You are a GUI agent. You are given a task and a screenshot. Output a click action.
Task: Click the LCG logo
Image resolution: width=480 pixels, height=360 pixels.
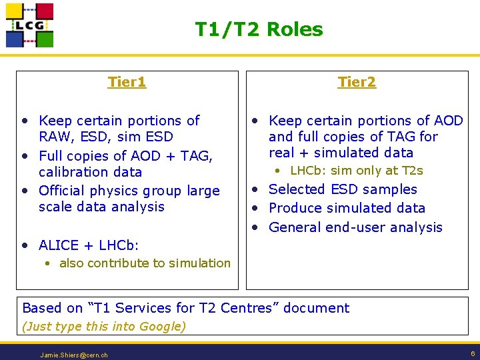tap(29, 25)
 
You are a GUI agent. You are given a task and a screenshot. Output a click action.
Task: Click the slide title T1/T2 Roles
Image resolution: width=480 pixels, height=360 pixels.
tap(259, 29)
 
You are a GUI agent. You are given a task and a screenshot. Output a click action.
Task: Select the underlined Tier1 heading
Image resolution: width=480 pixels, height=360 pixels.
tap(127, 82)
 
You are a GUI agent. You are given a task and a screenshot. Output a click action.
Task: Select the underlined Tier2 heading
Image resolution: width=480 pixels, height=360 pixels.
tap(357, 82)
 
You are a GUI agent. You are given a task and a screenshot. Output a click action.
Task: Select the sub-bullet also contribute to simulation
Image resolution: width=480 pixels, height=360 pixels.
tap(145, 263)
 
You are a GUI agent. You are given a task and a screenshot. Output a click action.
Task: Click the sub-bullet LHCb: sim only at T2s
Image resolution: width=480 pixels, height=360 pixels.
tap(357, 171)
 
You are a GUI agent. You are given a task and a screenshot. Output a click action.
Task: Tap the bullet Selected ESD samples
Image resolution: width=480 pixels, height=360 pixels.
tap(343, 189)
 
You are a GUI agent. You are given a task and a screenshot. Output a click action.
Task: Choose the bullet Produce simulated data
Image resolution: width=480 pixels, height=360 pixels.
tap(347, 208)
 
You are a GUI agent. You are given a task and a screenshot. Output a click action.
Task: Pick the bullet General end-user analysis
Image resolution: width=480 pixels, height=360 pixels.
tap(355, 227)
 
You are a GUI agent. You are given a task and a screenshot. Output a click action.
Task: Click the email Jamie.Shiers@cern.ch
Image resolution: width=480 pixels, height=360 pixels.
tap(74, 355)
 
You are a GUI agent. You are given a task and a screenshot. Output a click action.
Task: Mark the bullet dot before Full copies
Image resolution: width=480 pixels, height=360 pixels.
tap(25, 156)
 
